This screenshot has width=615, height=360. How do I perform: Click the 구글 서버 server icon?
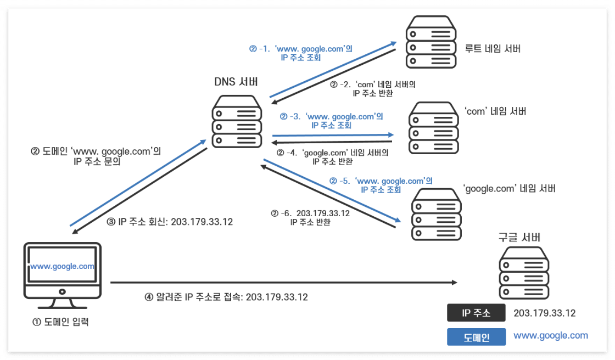pyautogui.click(x=524, y=272)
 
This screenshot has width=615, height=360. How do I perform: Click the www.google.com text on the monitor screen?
pyautogui.click(x=62, y=266)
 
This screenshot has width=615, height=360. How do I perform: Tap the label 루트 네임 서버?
pyautogui.click(x=492, y=49)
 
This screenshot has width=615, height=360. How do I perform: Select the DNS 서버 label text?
pyautogui.click(x=236, y=82)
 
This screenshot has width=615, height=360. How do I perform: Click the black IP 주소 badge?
pyautogui.click(x=476, y=313)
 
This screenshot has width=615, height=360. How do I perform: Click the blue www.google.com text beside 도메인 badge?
pyautogui.click(x=550, y=336)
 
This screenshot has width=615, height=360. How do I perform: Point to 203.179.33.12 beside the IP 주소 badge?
pyautogui.click(x=544, y=313)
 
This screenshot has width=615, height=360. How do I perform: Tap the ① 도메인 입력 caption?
pyautogui.click(x=61, y=322)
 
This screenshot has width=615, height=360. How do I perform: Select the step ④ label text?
pyautogui.click(x=226, y=297)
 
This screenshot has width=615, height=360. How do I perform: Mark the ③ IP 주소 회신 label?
pyautogui.click(x=170, y=222)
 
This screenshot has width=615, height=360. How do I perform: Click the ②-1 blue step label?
pyautogui.click(x=300, y=53)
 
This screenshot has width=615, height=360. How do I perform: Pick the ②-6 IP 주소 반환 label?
pyautogui.click(x=311, y=217)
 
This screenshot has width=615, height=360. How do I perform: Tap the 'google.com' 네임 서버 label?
pyautogui.click(x=510, y=188)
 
